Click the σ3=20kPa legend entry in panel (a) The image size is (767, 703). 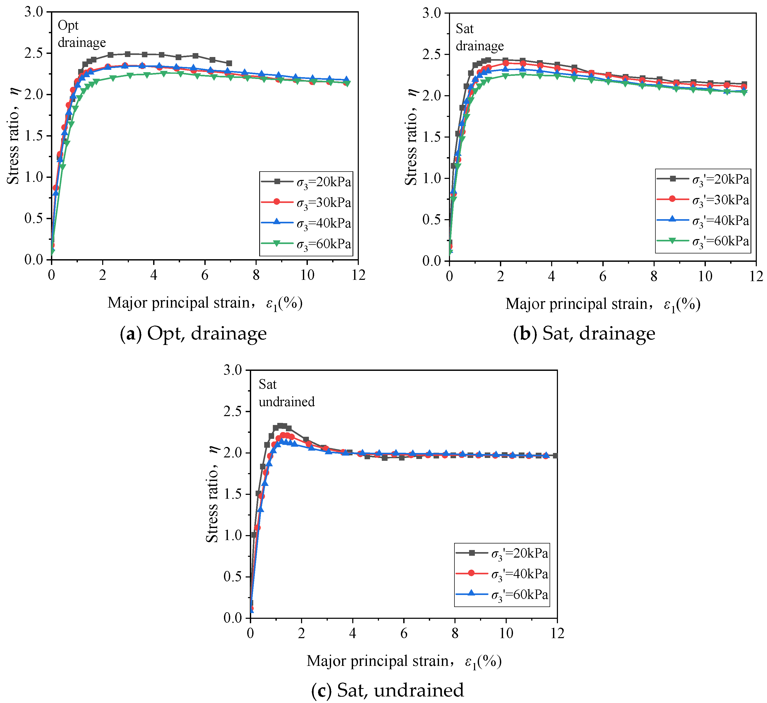[306, 182]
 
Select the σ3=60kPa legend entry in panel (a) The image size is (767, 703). [306, 244]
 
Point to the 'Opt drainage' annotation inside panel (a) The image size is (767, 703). [82, 34]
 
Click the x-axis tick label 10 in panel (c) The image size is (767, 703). [506, 633]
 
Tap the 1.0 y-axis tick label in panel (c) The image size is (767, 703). [233, 535]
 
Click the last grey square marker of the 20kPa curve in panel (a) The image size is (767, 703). [229, 63]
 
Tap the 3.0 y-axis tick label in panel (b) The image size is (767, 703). [432, 13]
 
